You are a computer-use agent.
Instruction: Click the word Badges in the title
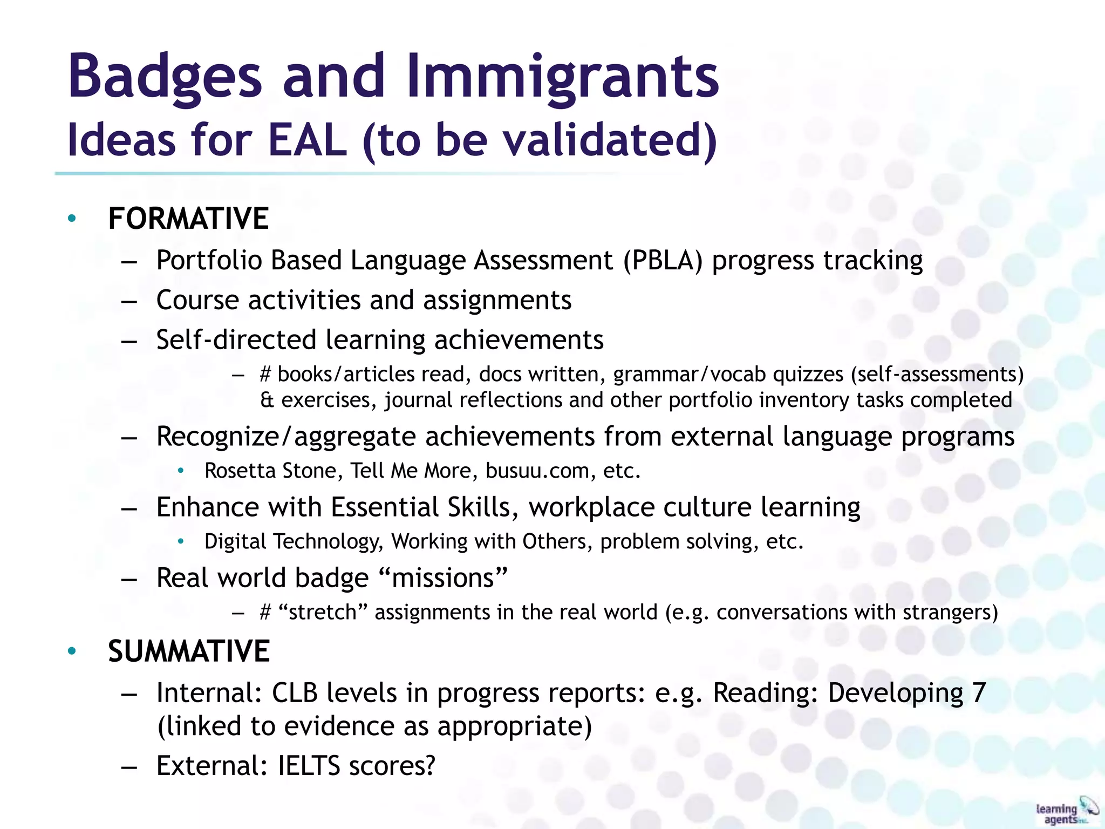point(165,77)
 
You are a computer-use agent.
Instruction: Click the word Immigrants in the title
point(563,77)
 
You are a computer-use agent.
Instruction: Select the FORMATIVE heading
point(188,219)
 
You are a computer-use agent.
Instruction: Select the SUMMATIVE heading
point(189,651)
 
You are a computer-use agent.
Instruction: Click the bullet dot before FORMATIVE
point(72,219)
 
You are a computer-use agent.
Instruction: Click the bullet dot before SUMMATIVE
point(72,651)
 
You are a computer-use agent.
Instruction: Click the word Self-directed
point(236,340)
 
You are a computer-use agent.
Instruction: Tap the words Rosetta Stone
point(270,471)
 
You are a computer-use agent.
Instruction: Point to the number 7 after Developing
point(979,692)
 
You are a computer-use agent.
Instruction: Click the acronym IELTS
point(309,765)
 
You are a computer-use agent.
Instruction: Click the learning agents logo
point(1066,811)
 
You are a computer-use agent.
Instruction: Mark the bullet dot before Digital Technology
point(181,541)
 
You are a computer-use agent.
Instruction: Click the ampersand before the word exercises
point(267,400)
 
